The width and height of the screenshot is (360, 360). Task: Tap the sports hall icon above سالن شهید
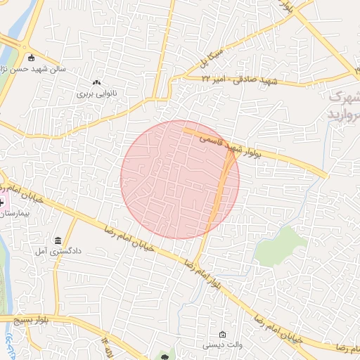[31, 58]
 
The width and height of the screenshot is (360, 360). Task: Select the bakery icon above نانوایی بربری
[96, 83]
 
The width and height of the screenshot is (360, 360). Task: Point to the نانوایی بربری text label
[96, 94]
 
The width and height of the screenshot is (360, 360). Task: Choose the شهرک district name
[345, 96]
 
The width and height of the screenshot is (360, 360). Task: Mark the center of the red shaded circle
[180, 179]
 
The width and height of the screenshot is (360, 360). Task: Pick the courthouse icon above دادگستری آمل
[57, 240]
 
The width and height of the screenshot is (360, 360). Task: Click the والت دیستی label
[222, 345]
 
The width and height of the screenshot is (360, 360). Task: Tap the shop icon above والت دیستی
[222, 334]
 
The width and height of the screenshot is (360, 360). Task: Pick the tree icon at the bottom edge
[165, 356]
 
